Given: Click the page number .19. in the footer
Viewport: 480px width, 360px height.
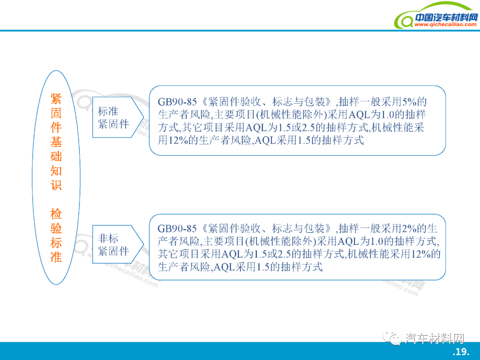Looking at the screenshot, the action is [461, 352].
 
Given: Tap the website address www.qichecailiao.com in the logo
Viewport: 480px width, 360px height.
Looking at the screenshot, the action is [445, 24].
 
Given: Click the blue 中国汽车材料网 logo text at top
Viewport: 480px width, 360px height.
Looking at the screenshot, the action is [446, 17].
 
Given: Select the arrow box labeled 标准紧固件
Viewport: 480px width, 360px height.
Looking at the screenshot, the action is [118, 117].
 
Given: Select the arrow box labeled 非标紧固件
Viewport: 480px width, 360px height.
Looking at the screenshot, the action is [118, 244].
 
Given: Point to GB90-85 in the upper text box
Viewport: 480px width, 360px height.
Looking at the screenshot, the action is [177, 102].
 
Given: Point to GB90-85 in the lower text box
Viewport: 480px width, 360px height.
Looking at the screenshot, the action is [177, 228].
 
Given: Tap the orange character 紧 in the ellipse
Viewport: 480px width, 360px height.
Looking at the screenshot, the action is [56, 99].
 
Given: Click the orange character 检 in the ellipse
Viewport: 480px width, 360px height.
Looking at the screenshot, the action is [56, 214].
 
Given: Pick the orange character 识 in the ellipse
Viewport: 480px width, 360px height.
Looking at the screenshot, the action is [56, 185].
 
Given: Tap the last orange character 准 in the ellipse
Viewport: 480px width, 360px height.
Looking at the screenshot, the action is [56, 257].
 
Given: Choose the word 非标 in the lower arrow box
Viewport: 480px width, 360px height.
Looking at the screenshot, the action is [108, 238].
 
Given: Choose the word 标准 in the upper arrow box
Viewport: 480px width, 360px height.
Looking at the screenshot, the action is [108, 111].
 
